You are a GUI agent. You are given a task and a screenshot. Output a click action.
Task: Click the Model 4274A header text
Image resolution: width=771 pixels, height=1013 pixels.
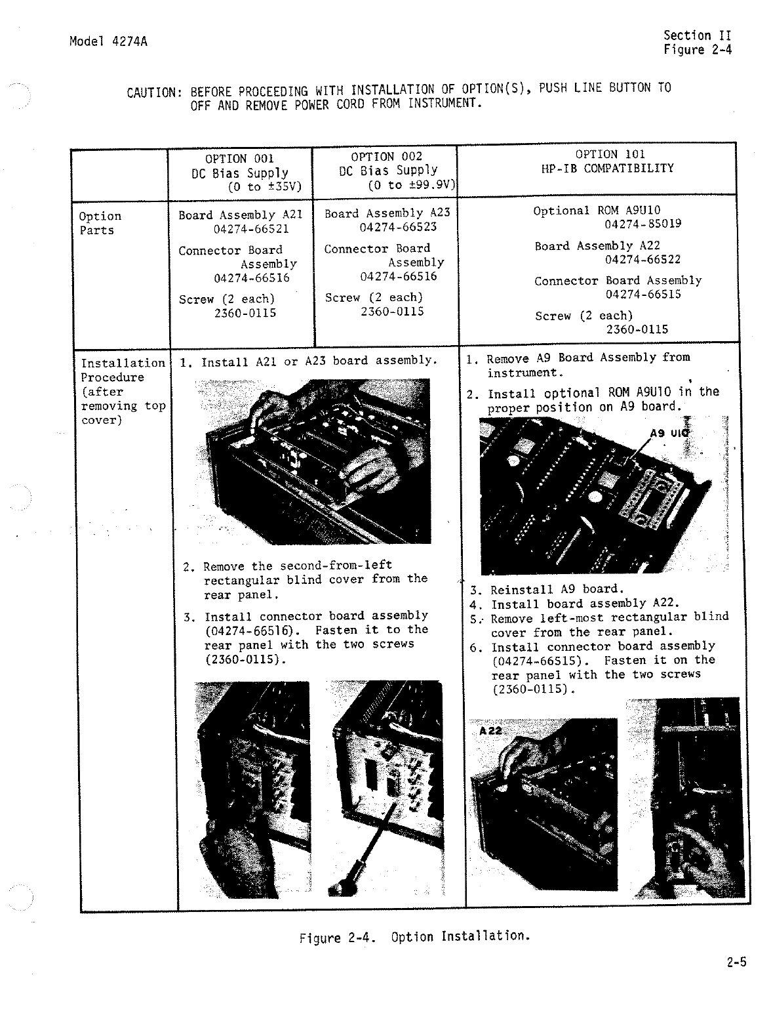click(x=108, y=42)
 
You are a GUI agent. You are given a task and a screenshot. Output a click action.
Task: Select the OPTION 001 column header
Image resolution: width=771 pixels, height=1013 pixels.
click(x=239, y=159)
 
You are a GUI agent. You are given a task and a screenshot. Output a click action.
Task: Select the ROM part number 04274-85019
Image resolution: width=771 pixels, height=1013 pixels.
click(x=642, y=224)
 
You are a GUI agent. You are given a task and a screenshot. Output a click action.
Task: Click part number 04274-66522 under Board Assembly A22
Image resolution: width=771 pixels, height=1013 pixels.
click(x=642, y=259)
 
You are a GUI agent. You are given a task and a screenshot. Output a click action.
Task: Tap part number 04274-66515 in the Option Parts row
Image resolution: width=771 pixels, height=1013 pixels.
click(x=642, y=294)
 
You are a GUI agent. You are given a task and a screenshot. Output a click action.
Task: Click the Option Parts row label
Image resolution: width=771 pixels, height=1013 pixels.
click(x=100, y=223)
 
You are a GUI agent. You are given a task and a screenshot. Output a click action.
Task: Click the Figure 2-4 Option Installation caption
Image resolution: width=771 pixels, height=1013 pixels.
click(x=414, y=937)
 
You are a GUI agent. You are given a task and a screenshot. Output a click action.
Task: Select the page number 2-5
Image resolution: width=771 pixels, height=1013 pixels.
click(x=736, y=962)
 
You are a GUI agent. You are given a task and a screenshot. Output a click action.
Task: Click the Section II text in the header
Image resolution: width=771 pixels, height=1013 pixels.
click(x=696, y=35)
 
